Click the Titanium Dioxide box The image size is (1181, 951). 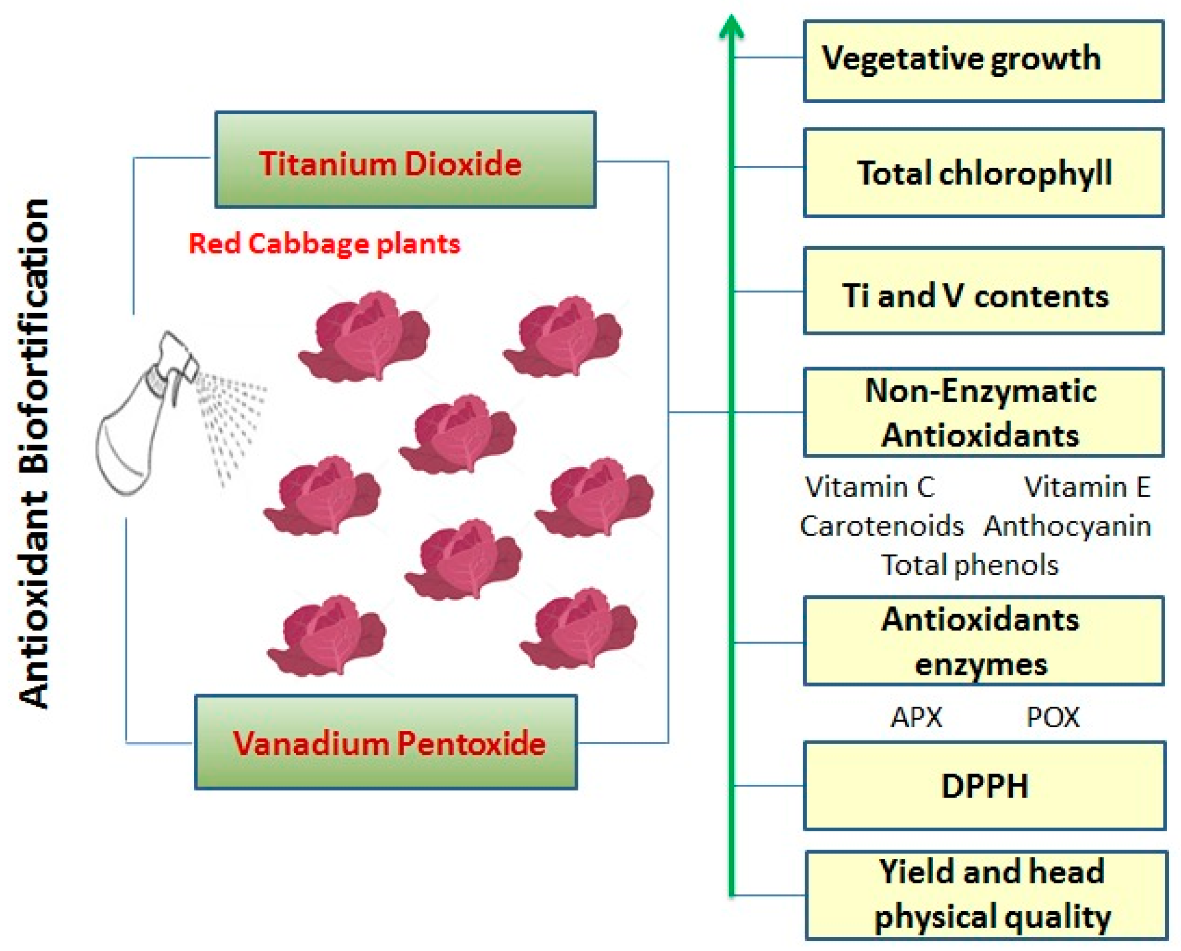[x=405, y=160]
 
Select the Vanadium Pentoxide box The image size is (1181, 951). [x=386, y=742]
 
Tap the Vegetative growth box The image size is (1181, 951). [x=983, y=61]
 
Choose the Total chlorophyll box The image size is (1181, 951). [x=983, y=173]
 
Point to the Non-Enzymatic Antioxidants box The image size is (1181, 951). [x=983, y=412]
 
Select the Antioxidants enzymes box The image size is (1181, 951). [x=983, y=641]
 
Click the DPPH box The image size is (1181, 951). [x=984, y=786]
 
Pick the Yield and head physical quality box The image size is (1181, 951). [x=986, y=895]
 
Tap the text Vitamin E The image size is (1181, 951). [x=1087, y=487]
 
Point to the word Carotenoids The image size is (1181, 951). [x=881, y=526]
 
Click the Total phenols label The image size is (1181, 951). [x=969, y=565]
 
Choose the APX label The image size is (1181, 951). [x=916, y=717]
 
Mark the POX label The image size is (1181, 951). [x=1053, y=717]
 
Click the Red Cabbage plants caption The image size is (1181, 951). [x=324, y=244]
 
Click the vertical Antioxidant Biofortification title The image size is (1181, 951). [x=36, y=455]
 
